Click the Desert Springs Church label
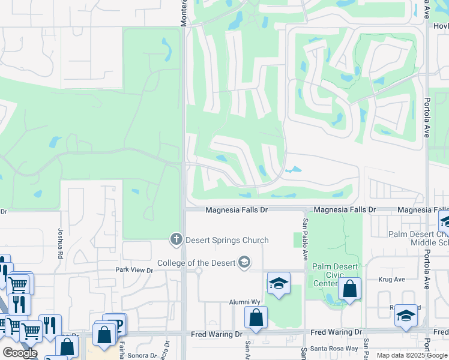click(227, 241)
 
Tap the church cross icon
click(176, 240)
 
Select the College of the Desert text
click(197, 263)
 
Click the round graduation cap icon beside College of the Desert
click(244, 262)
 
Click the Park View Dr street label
click(134, 270)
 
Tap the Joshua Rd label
click(60, 243)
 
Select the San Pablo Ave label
click(305, 239)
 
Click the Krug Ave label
click(392, 280)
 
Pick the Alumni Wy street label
click(243, 303)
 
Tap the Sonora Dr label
click(142, 355)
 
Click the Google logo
click(20, 353)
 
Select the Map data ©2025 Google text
click(411, 355)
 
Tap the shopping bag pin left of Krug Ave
click(349, 289)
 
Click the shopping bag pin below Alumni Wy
click(256, 317)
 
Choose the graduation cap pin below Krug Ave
click(406, 316)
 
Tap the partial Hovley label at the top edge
click(441, 26)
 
